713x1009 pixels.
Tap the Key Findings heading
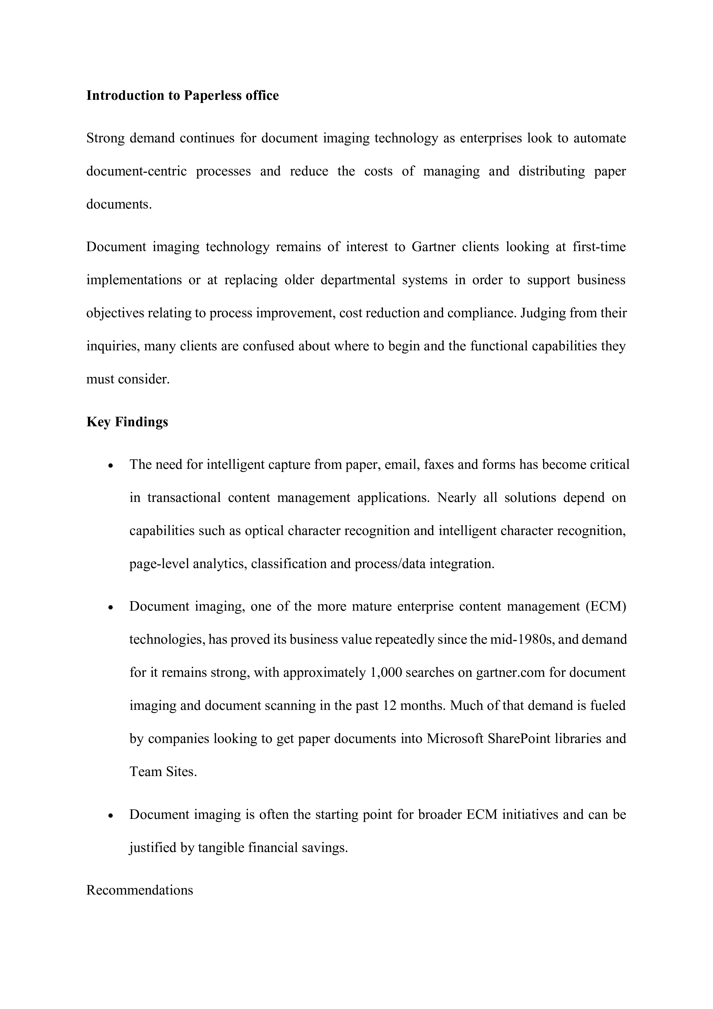coord(127,422)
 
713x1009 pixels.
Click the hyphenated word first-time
coord(599,247)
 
